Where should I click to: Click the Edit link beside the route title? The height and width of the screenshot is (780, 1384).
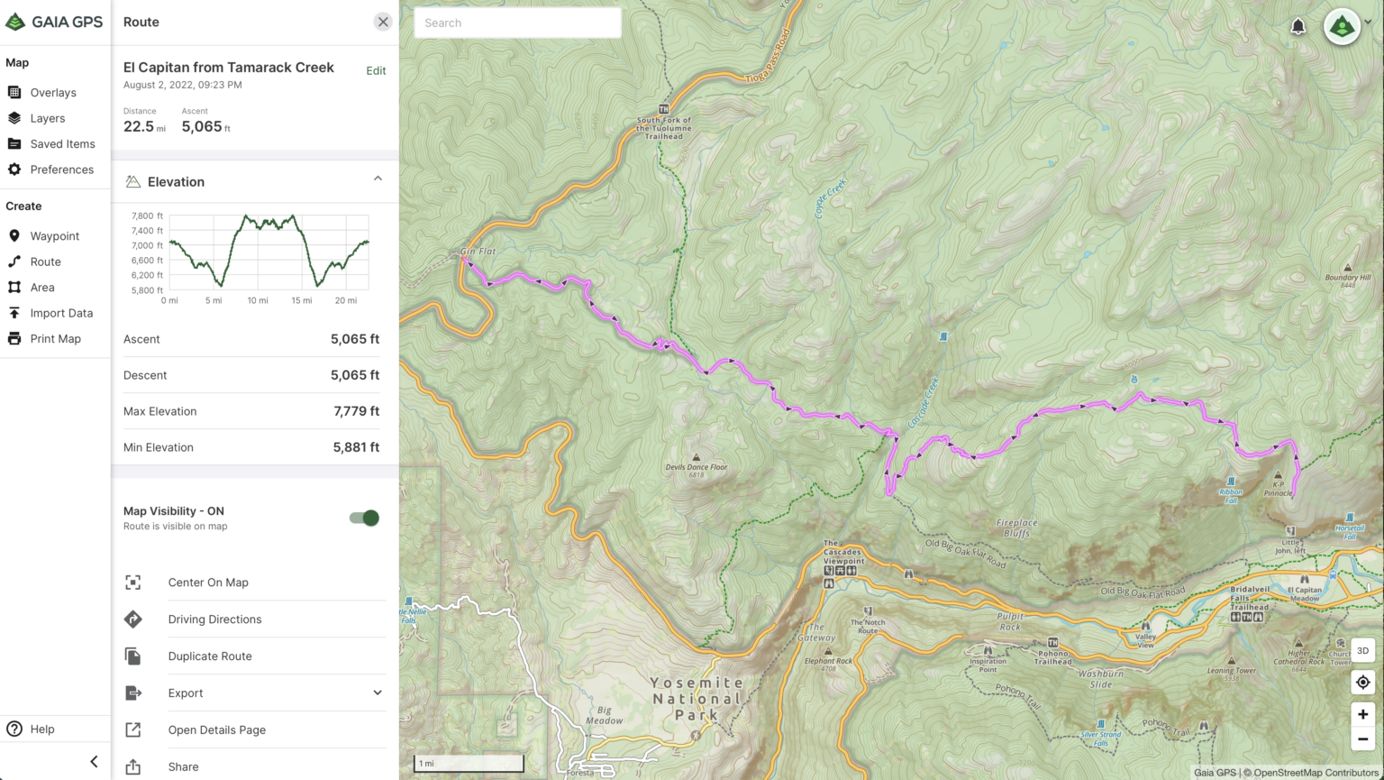(x=376, y=71)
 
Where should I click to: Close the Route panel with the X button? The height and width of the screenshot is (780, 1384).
(x=383, y=23)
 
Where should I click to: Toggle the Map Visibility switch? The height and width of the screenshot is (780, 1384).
(x=364, y=518)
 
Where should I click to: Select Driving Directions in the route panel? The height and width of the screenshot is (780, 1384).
(x=214, y=619)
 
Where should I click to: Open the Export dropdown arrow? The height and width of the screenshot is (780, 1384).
(x=378, y=693)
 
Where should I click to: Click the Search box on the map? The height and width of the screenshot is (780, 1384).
(x=517, y=23)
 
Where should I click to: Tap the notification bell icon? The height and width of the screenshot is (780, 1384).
(x=1297, y=26)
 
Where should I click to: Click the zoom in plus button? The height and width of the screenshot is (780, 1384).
(x=1362, y=714)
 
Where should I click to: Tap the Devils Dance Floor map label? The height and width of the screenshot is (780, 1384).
(x=696, y=467)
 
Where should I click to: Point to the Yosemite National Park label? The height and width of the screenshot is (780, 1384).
(x=697, y=699)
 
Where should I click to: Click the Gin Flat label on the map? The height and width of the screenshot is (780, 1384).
(x=478, y=252)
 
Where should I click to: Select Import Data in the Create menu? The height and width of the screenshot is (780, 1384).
(x=61, y=313)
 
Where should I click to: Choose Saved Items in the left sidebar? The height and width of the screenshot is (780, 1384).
(x=62, y=144)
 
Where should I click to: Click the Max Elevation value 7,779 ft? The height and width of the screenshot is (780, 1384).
(x=356, y=411)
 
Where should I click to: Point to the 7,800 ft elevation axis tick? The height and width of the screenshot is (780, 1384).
(x=147, y=216)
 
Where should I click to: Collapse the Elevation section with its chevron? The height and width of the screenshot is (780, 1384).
(x=378, y=179)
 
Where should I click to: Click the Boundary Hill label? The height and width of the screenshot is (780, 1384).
(x=1347, y=278)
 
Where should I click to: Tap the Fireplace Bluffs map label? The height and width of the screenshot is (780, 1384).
(x=1016, y=528)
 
